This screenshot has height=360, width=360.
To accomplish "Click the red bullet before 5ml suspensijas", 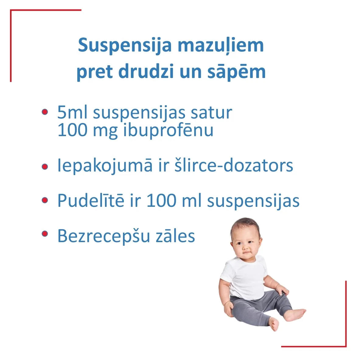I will coord(45,112).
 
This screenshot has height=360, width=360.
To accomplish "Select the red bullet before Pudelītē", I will coord(45,200).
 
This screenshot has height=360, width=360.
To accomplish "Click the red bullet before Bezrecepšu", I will coord(45,234).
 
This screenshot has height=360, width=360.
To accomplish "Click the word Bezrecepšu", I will coord(103,236).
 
